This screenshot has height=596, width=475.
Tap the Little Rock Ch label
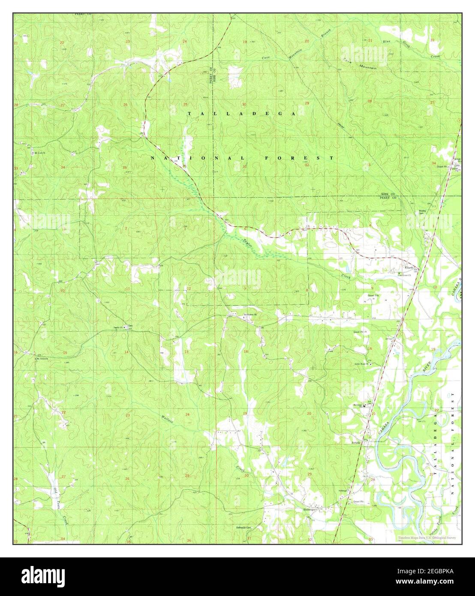[362, 364]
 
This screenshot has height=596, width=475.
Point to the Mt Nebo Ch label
[42, 358]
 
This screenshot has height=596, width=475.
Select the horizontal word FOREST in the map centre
[299, 158]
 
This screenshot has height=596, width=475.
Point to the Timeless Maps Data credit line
[426, 537]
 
